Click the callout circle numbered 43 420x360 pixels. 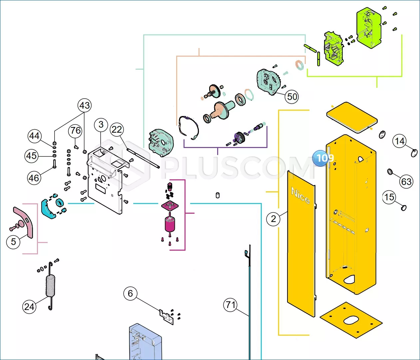pyautogui.click(x=85, y=105)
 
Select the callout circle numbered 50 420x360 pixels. pyautogui.click(x=292, y=97)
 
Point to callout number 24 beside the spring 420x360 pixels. pyautogui.click(x=29, y=307)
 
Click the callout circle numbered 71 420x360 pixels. pyautogui.click(x=230, y=305)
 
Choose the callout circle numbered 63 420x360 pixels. pyautogui.click(x=406, y=181)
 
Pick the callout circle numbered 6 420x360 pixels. pyautogui.click(x=131, y=293)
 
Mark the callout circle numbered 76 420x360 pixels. pyautogui.click(x=75, y=130)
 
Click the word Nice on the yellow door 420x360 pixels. pyautogui.click(x=300, y=196)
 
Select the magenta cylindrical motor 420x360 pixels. pyautogui.click(x=170, y=224)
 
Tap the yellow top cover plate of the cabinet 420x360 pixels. pyautogui.click(x=352, y=118)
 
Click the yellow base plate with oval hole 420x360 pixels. pyautogui.click(x=351, y=320)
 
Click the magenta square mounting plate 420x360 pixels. pyautogui.click(x=170, y=205)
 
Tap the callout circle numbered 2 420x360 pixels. pyautogui.click(x=273, y=219)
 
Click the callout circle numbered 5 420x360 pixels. pyautogui.click(x=13, y=242)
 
